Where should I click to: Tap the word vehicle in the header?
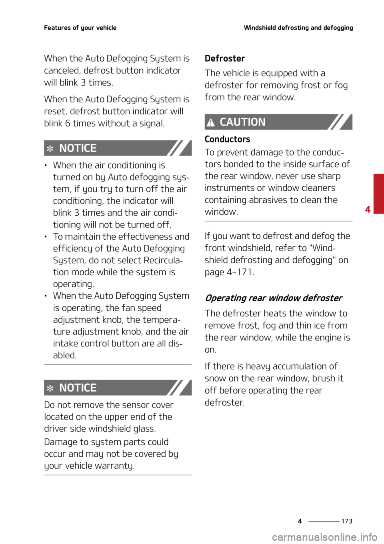pyautogui.click(x=106, y=28)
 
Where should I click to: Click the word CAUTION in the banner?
pyautogui.click(x=242, y=122)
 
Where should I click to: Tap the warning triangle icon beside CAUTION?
pyautogui.click(x=211, y=123)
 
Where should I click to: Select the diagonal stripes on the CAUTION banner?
pyautogui.click(x=339, y=122)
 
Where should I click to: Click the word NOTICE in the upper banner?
pyautogui.click(x=78, y=148)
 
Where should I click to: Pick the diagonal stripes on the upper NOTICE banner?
pyautogui.click(x=178, y=148)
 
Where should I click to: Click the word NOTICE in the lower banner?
pyautogui.click(x=78, y=388)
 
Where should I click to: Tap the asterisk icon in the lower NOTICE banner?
pyautogui.click(x=50, y=388)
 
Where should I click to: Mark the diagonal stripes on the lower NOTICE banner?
pyautogui.click(x=178, y=388)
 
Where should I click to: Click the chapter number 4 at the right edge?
pyautogui.click(x=368, y=209)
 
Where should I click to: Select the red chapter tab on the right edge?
pyautogui.click(x=378, y=194)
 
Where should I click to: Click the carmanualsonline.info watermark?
pyautogui.click(x=325, y=537)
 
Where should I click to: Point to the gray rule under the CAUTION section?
pyautogui.click(x=278, y=221)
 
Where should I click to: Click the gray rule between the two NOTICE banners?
pyautogui.click(x=118, y=365)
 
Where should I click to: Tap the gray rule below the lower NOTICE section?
pyautogui.click(x=118, y=475)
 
